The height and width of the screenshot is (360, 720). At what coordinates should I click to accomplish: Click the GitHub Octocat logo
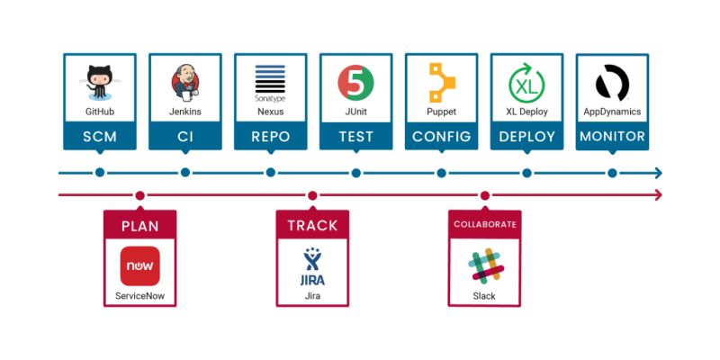click(x=99, y=82)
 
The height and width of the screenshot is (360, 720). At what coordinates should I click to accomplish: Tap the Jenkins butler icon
click(x=184, y=83)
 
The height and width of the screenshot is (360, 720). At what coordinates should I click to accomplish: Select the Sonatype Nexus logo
click(x=270, y=81)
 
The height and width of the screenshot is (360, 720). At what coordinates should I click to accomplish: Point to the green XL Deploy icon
click(x=526, y=83)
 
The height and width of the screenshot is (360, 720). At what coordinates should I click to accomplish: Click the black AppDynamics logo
click(x=612, y=83)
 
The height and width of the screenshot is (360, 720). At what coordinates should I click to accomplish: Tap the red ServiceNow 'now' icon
click(x=139, y=266)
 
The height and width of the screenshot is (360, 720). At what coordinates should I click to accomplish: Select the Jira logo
click(x=312, y=265)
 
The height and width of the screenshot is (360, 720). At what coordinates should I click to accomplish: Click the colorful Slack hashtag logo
click(x=485, y=266)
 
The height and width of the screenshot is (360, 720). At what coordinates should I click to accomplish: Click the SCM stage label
click(x=99, y=137)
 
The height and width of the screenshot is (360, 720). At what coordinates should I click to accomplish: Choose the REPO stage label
click(x=270, y=137)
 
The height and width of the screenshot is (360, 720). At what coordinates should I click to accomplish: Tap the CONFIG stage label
click(x=441, y=137)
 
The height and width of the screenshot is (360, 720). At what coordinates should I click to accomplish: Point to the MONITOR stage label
click(x=612, y=137)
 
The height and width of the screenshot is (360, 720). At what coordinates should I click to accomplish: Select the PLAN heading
click(x=139, y=226)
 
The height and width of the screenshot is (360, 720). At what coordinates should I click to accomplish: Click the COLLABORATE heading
click(x=485, y=224)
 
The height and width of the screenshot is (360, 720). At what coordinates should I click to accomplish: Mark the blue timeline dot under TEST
click(x=355, y=173)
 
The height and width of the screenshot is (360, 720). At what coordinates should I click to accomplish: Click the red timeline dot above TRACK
click(x=312, y=195)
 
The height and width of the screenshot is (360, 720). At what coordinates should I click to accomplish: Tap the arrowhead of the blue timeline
click(x=659, y=173)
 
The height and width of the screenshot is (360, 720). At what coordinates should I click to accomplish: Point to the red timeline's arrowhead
click(x=659, y=195)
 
